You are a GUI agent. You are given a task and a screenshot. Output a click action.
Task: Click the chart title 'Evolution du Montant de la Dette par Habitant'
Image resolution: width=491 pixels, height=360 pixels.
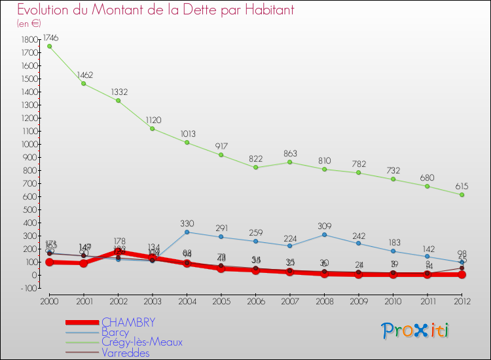coord(155,10)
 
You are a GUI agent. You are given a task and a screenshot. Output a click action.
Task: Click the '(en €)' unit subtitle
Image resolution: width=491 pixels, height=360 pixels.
coord(29,24)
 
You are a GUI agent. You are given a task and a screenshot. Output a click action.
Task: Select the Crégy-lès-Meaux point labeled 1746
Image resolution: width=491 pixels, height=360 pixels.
coord(49,46)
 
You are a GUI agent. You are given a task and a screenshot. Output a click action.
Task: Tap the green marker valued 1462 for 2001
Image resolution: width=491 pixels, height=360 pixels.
coord(84,83)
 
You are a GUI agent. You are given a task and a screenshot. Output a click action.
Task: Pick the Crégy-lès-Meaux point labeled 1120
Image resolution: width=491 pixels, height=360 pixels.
coord(153,128)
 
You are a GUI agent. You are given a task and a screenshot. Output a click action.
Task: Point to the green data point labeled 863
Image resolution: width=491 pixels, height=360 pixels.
coord(290,162)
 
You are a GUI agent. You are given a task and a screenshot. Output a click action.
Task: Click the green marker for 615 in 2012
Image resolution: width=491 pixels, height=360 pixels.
coord(462,194)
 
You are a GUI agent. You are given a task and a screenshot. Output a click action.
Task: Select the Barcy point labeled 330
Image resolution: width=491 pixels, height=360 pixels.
coord(187,232)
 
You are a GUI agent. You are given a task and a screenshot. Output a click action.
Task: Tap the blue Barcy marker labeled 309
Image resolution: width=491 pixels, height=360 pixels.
coord(325,234)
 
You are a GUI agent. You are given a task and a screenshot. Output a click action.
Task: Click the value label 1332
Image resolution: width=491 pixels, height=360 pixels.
coord(118,90)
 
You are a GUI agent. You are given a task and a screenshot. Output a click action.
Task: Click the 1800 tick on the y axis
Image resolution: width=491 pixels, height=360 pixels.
coord(29,39)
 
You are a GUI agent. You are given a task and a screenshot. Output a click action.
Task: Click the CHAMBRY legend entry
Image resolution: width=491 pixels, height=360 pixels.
coord(128,322)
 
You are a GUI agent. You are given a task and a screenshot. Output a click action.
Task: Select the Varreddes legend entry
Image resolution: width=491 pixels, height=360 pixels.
coord(126,353)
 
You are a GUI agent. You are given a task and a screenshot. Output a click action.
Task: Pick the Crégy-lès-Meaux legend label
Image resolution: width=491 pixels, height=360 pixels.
coord(142,342)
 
